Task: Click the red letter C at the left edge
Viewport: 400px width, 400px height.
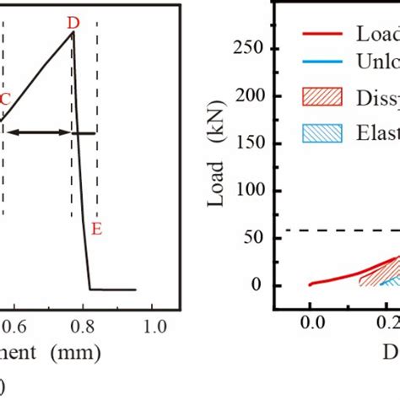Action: [x=5, y=99]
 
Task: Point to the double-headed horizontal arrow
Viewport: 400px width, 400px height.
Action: [x=42, y=132]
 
